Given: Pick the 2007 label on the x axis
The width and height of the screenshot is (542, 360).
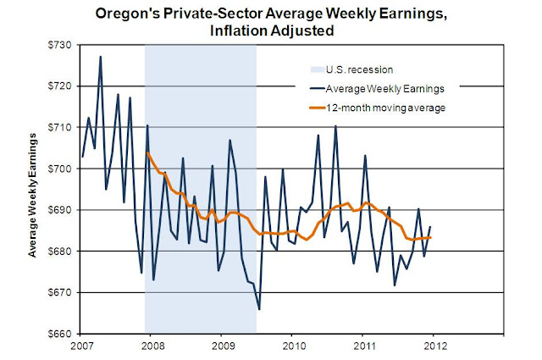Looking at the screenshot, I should (x=81, y=346).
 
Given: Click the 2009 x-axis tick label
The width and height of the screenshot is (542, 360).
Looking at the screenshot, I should (x=222, y=346).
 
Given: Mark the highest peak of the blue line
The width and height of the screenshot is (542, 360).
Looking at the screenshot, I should (x=100, y=57).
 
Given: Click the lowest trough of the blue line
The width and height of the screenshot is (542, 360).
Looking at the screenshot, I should (x=258, y=309).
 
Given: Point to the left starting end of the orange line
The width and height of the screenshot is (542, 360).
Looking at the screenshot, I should (x=147, y=152).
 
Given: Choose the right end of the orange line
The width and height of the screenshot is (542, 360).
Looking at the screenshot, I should (x=433, y=237).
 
